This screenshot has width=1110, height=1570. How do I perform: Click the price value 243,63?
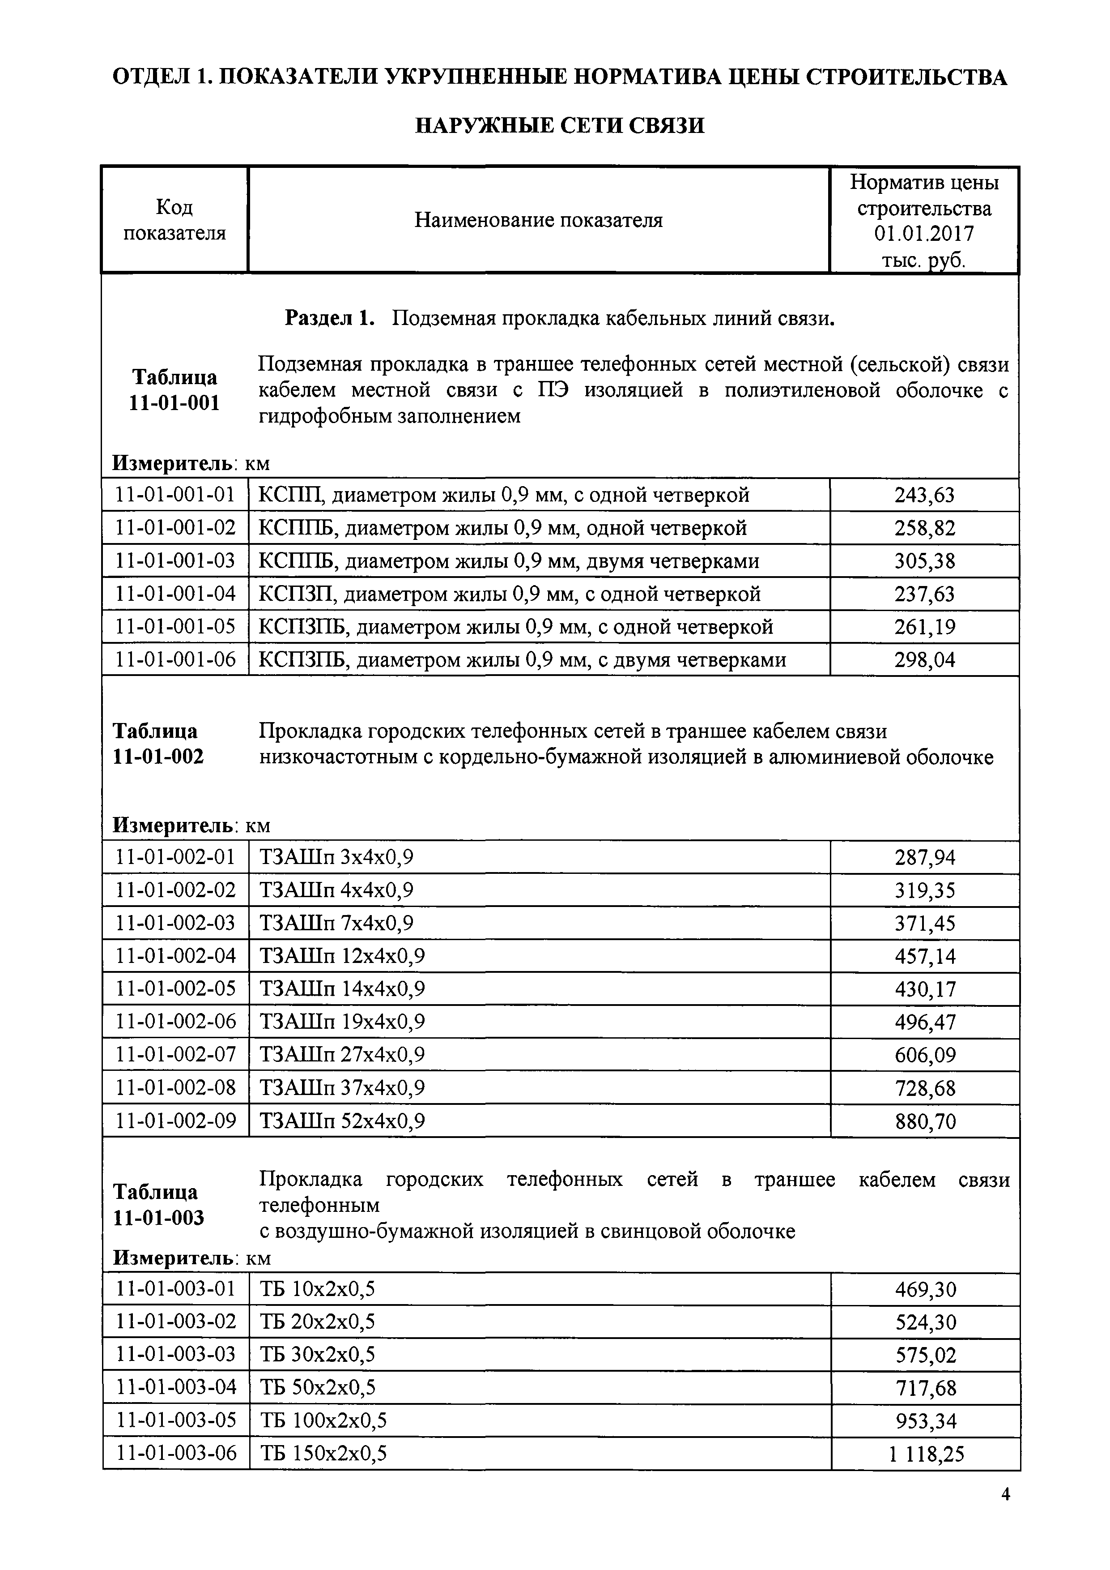click(924, 495)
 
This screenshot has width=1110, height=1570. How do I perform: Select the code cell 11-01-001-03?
click(176, 560)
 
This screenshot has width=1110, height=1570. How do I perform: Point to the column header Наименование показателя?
click(539, 220)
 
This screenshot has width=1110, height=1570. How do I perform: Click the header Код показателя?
click(174, 220)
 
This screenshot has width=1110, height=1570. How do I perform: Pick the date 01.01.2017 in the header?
click(924, 234)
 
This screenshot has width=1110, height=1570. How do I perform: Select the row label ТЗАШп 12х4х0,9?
click(342, 956)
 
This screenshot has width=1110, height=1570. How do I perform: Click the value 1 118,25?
click(926, 1454)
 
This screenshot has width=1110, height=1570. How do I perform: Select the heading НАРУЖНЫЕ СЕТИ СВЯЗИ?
click(560, 125)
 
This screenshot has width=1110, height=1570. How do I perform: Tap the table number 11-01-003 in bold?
click(158, 1218)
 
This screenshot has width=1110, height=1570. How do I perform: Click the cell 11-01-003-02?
click(176, 1321)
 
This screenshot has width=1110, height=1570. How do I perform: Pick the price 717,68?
click(926, 1388)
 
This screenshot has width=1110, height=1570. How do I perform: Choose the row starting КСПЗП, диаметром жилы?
click(509, 594)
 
